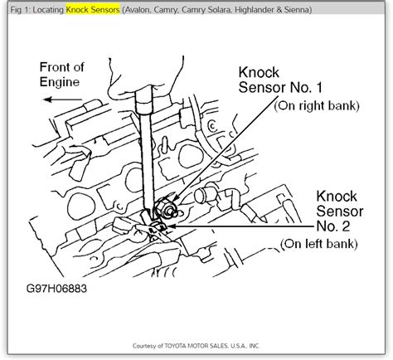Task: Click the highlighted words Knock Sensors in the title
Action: pos(93,10)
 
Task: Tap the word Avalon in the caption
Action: pos(138,10)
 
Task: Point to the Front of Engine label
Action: pos(62,75)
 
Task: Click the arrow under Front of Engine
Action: pos(63,100)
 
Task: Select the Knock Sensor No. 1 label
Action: pos(280,80)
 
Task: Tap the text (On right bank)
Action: pos(317,105)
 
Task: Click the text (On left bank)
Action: pos(319,244)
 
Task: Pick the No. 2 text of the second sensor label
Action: pos(333,226)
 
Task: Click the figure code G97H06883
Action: pos(56,289)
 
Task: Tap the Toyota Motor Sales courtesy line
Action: pos(196,346)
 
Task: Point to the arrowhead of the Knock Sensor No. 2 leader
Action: pos(171,226)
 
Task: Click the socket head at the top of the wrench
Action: pos(144,98)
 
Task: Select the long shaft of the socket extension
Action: pos(146,160)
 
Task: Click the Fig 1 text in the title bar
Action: pos(20,10)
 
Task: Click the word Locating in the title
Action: pos(48,10)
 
